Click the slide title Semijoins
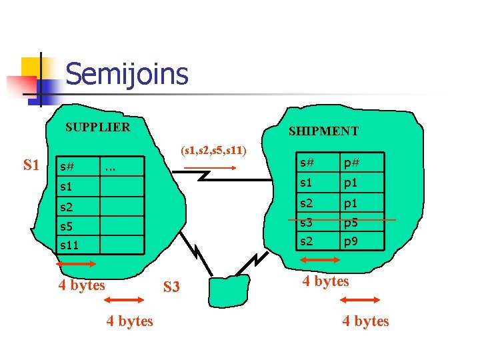(x=127, y=74)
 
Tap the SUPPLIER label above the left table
(x=97, y=127)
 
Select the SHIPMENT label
(x=323, y=131)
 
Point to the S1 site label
(x=31, y=165)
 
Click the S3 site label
(x=171, y=287)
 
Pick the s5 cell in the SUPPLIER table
(x=67, y=227)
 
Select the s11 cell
(x=69, y=245)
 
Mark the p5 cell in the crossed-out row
(x=351, y=221)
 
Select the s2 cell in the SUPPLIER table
(x=67, y=207)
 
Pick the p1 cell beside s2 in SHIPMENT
(x=351, y=203)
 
